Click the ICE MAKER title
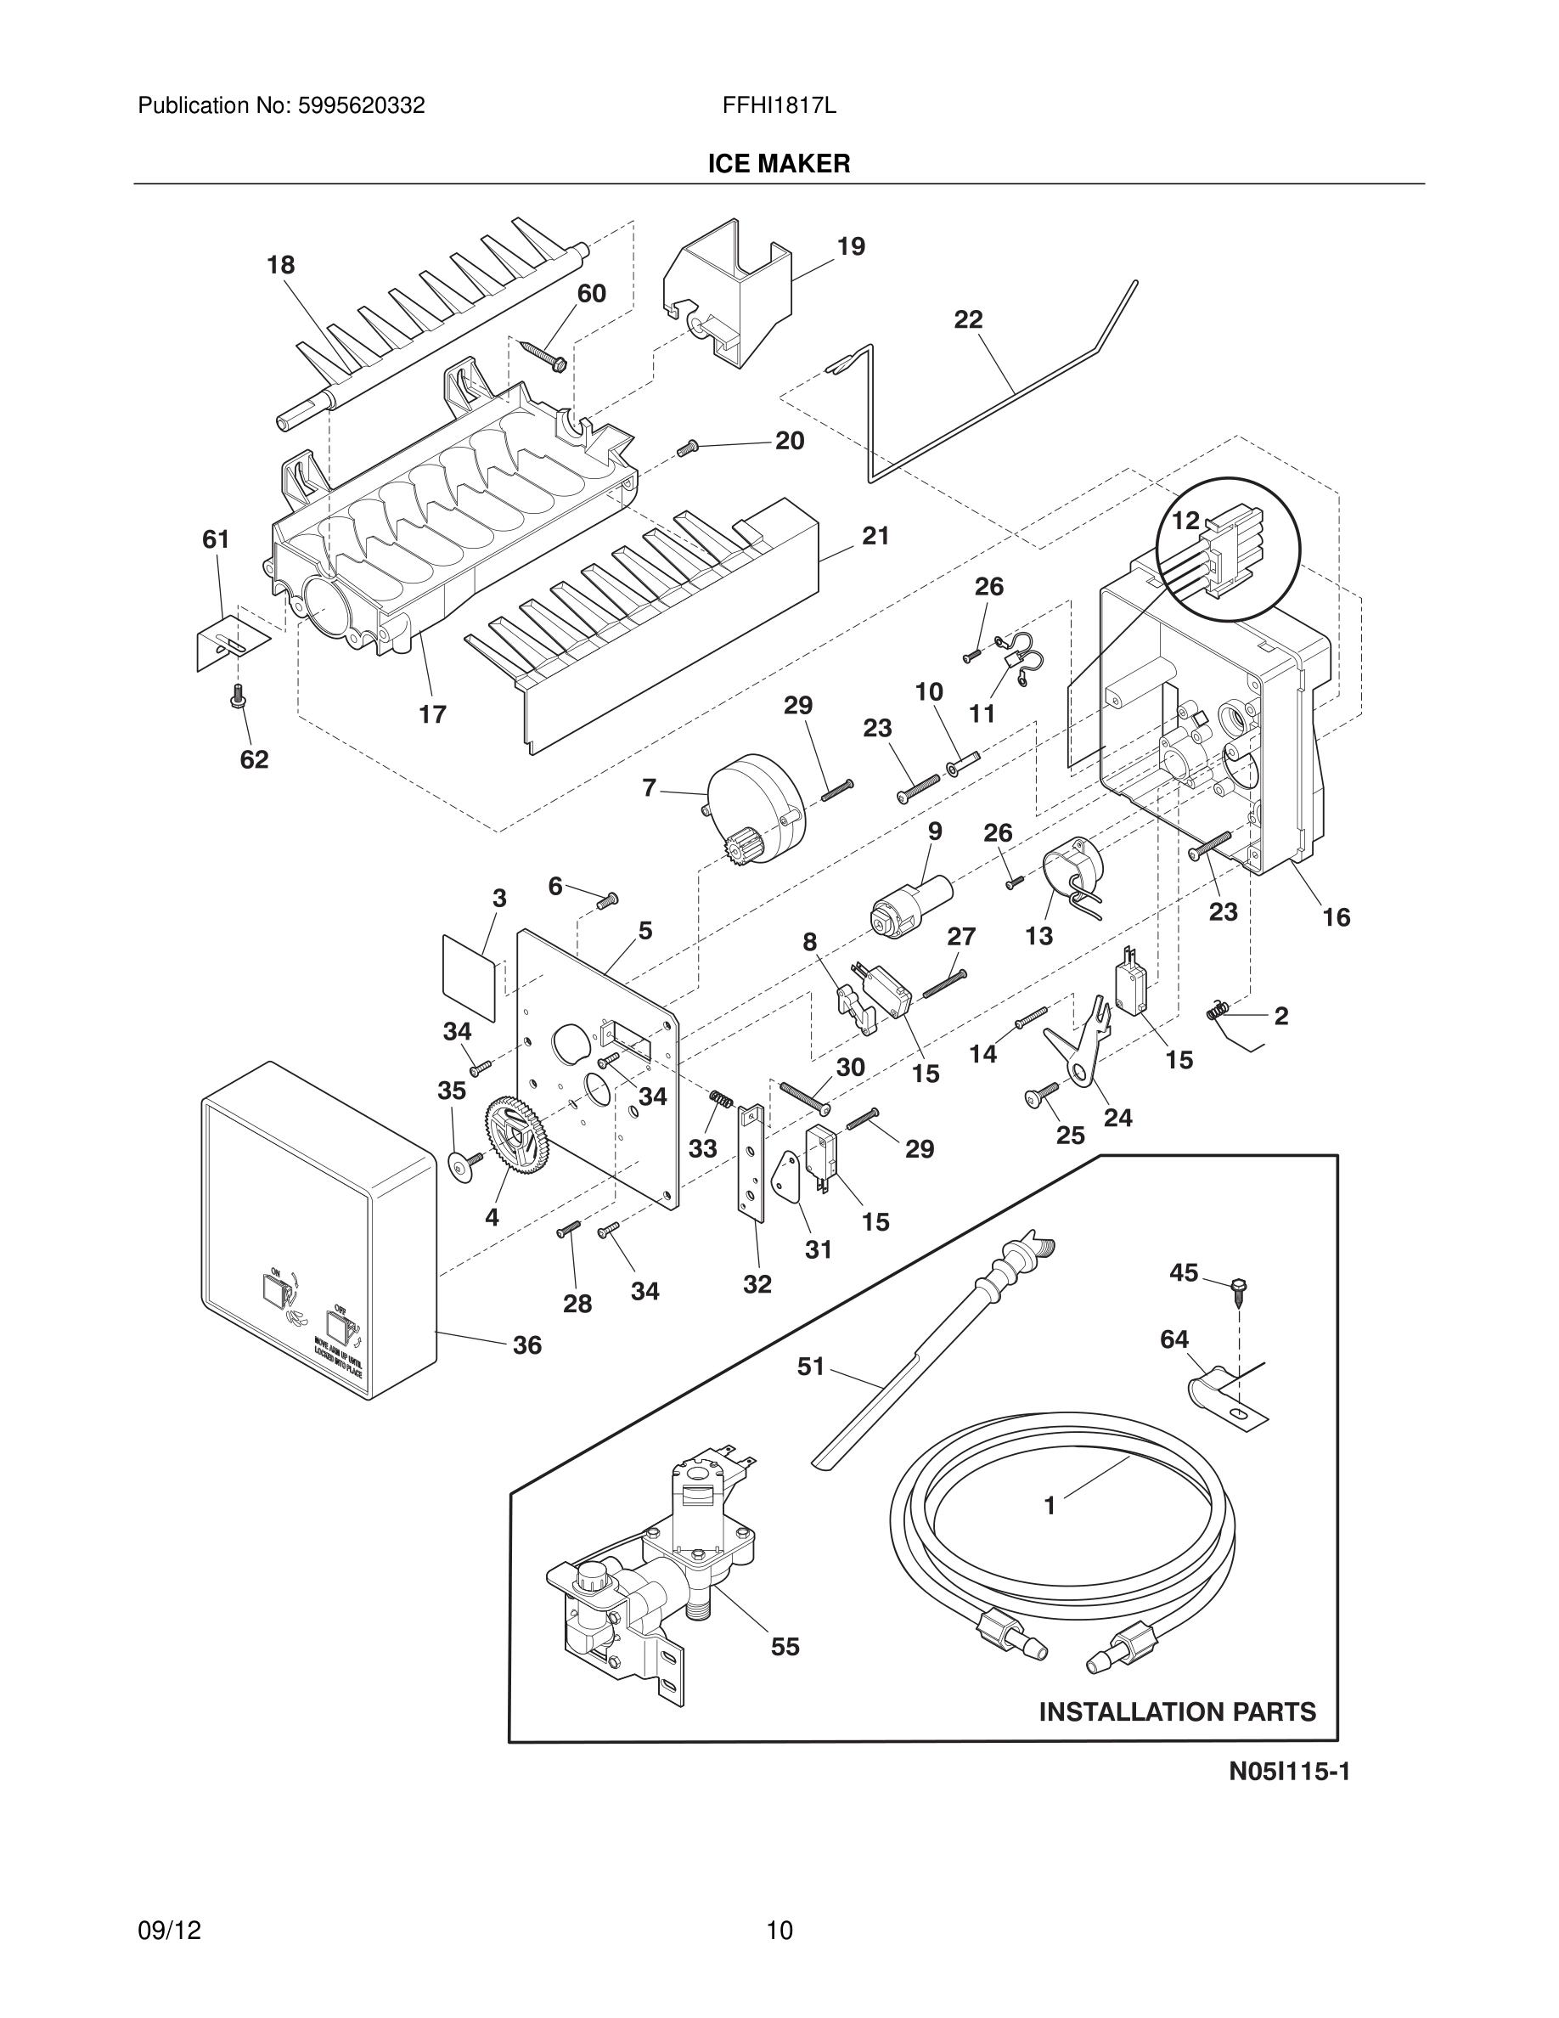(x=779, y=165)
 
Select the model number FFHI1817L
(x=779, y=106)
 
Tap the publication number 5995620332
(x=361, y=106)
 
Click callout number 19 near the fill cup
(x=851, y=246)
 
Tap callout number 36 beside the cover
(x=527, y=1345)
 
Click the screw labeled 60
(x=547, y=357)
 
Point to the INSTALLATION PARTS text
(x=1177, y=1712)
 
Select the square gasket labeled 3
(x=470, y=979)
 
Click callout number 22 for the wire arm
(x=968, y=319)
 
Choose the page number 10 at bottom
(x=779, y=1904)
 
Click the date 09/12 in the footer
(x=169, y=1904)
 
